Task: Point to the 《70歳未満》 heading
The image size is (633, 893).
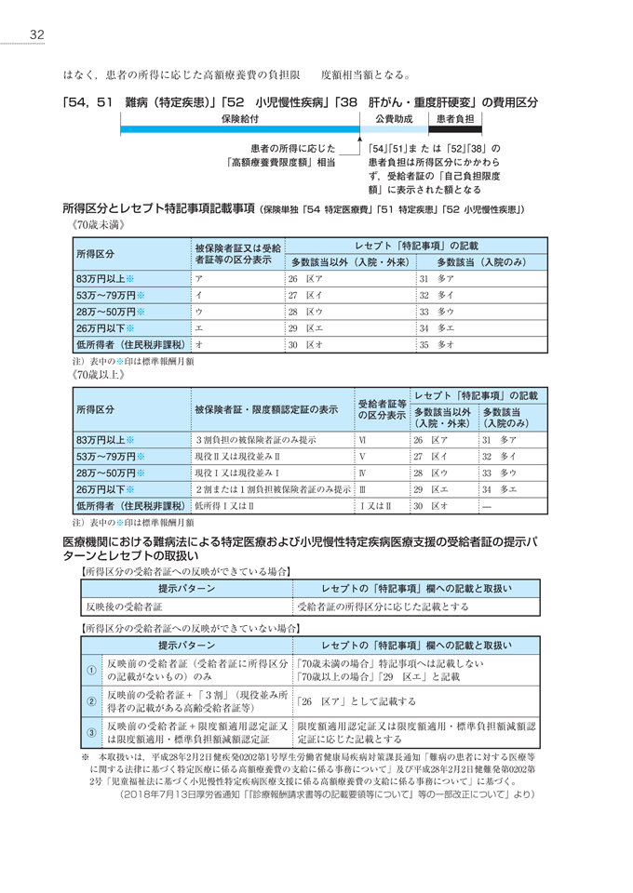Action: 96,224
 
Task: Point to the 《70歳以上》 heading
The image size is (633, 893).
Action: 96,376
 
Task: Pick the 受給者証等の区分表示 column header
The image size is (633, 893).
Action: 382,409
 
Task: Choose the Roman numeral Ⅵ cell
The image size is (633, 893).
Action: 363,438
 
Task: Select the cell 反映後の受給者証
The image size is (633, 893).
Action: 125,606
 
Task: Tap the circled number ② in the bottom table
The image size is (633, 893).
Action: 91,701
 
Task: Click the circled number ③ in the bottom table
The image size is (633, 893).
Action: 91,732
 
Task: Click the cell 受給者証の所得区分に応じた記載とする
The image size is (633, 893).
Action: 383,606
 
